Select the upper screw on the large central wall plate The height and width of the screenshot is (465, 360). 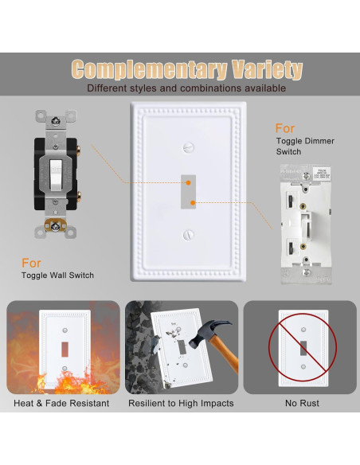pyautogui.click(x=189, y=147)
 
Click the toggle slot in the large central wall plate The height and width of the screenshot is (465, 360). pyautogui.click(x=189, y=190)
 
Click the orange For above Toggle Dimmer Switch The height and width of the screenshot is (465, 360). pyautogui.click(x=285, y=128)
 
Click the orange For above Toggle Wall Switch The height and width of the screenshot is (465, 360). pyautogui.click(x=32, y=262)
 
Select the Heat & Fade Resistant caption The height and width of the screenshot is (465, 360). pyautogui.click(x=61, y=404)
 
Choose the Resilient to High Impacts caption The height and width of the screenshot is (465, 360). pyautogui.click(x=181, y=404)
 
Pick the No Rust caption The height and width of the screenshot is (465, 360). pyautogui.click(x=302, y=404)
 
